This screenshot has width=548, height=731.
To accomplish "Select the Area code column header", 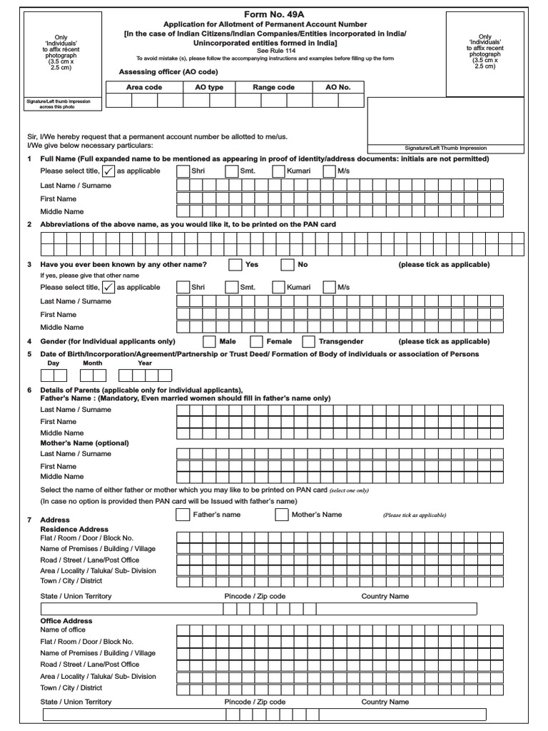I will (144, 87).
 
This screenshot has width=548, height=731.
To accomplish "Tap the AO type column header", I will (209, 87).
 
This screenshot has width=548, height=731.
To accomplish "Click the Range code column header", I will (273, 87).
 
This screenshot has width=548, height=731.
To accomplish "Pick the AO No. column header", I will (338, 87).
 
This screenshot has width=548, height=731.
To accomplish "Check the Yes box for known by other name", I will (235, 265).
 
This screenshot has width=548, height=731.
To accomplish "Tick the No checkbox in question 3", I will (288, 265).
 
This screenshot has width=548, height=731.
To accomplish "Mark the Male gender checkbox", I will (210, 342).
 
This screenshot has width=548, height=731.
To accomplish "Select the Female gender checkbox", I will (257, 342).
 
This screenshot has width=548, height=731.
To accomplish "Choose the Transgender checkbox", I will (309, 342).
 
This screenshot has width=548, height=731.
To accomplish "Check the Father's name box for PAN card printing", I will (183, 515).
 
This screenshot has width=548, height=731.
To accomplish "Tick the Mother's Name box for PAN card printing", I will (282, 515).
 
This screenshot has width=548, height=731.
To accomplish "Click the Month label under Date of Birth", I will (93, 363).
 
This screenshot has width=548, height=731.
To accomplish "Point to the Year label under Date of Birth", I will (145, 363).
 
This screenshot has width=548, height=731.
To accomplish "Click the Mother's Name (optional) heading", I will (85, 443).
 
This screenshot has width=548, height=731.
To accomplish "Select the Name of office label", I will (63, 630).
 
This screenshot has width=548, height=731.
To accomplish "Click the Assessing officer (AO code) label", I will (168, 72).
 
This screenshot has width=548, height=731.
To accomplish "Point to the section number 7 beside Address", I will (29, 520).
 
